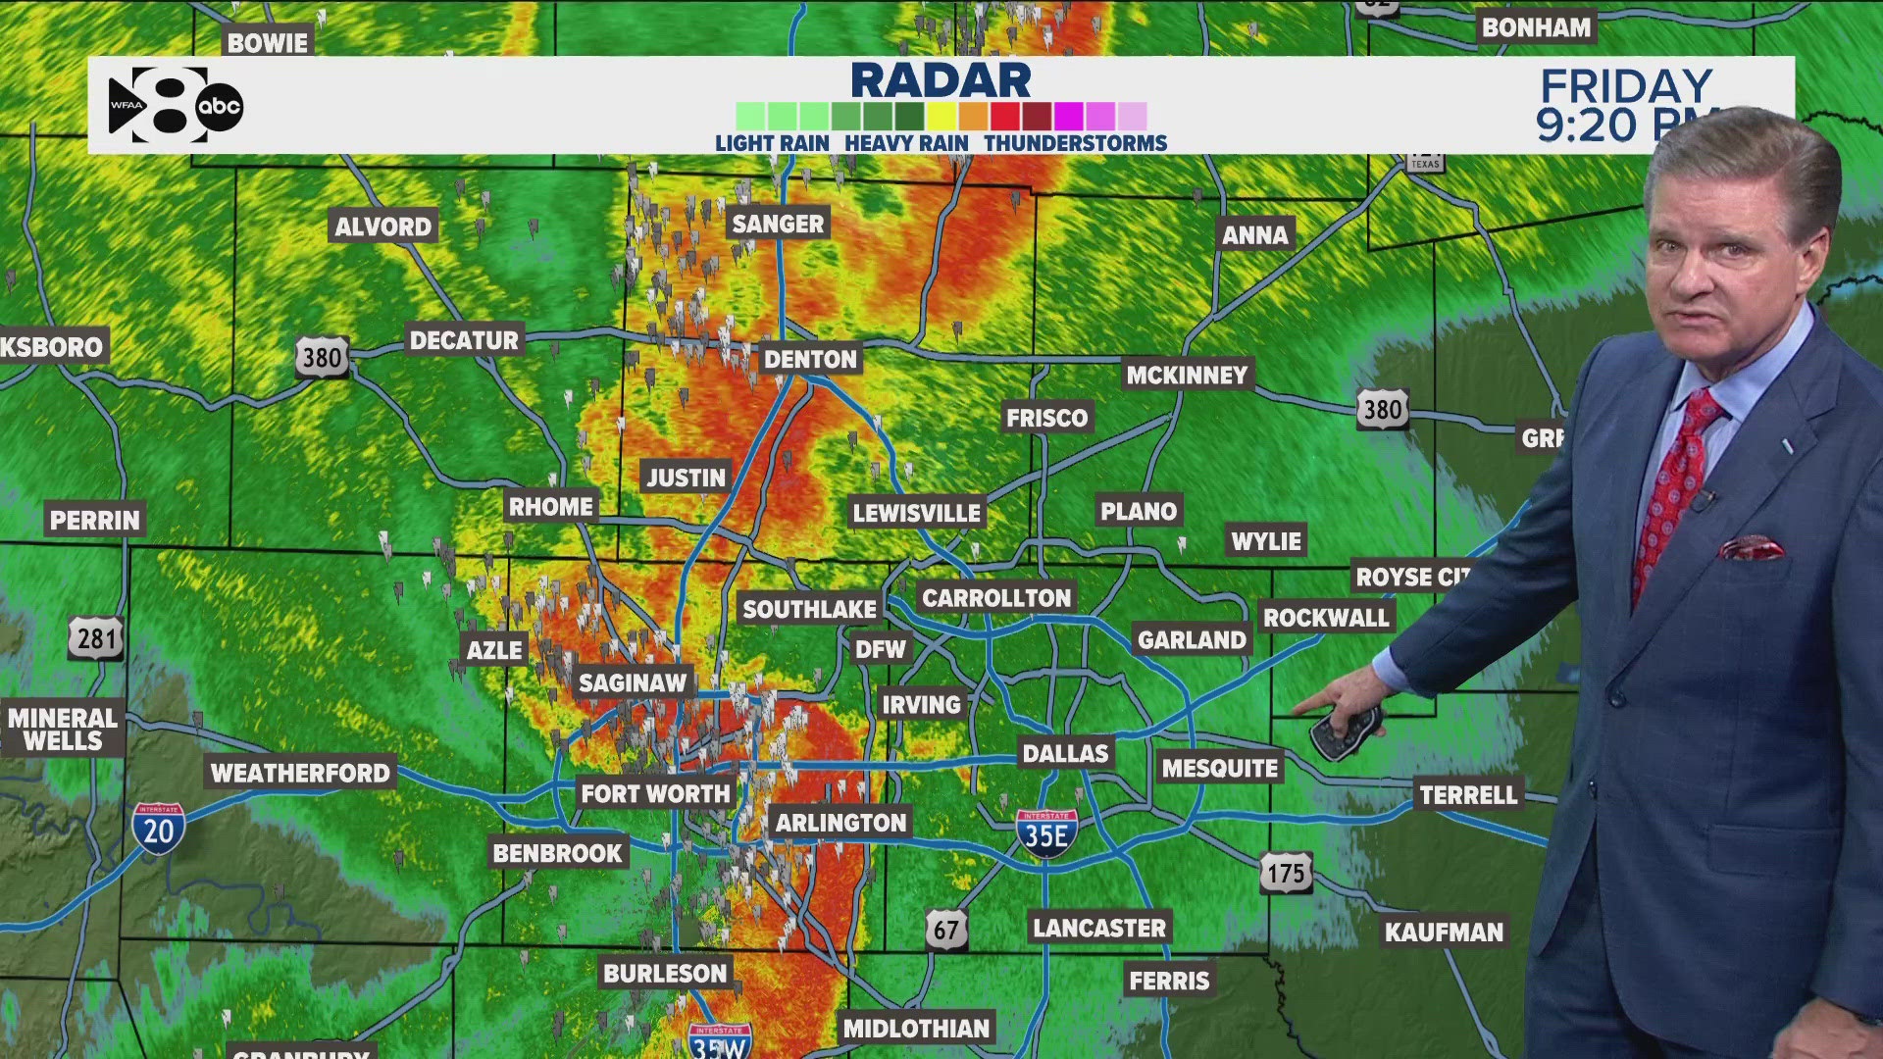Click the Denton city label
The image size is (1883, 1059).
[810, 359]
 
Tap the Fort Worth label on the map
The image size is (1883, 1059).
[655, 793]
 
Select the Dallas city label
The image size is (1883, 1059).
[1065, 753]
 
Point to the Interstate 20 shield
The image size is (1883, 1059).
[158, 829]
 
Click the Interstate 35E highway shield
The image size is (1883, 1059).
[1046, 833]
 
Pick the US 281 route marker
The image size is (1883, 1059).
[96, 638]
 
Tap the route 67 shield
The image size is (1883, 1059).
[945, 929]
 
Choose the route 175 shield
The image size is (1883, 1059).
[1286, 873]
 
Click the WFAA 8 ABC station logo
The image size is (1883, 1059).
[175, 105]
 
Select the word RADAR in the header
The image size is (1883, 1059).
[941, 80]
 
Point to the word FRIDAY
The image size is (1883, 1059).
[1625, 86]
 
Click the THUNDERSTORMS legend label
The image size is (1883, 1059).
[1075, 143]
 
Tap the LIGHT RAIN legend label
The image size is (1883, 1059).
[772, 143]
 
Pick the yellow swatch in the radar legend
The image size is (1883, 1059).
[941, 116]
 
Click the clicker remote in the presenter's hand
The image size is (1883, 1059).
[1346, 731]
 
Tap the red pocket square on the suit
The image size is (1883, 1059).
[1752, 547]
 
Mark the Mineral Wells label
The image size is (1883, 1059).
[63, 729]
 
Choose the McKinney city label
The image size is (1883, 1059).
[1187, 375]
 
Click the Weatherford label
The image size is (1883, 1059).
[300, 773]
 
